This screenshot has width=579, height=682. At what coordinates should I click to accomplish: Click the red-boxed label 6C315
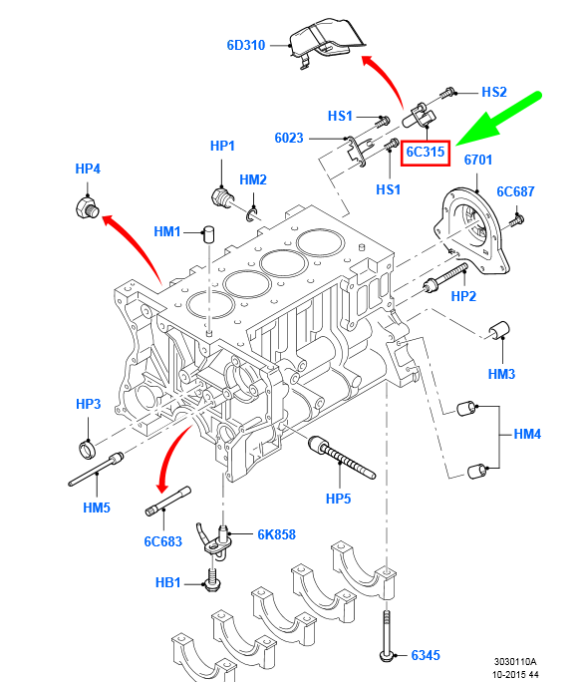click(x=426, y=153)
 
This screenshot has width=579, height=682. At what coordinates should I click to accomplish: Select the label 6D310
click(x=245, y=45)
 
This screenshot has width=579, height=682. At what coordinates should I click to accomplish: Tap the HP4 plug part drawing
click(x=86, y=208)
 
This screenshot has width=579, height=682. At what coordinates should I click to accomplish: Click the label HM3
click(x=502, y=374)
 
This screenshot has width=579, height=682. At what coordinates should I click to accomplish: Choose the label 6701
click(x=478, y=160)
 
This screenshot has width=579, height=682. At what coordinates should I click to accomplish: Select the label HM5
click(x=97, y=508)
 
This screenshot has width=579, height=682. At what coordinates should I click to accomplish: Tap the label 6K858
click(x=276, y=534)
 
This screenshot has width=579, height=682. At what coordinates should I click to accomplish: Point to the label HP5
click(x=338, y=497)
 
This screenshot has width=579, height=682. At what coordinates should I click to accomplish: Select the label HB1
click(x=168, y=581)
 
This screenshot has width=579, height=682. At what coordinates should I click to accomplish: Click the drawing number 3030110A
click(x=515, y=662)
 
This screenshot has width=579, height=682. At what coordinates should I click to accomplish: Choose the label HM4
click(x=528, y=435)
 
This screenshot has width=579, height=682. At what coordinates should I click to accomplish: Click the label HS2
click(x=494, y=92)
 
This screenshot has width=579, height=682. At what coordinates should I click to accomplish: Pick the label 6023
click(x=289, y=138)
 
